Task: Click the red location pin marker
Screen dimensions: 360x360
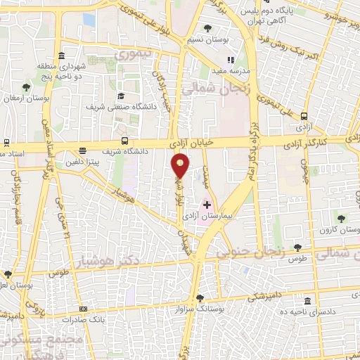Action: pos(181,166)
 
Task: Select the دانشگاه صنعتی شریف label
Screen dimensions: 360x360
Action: pos(116,108)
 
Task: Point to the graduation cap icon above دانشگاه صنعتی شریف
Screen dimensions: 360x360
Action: pos(120,96)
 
